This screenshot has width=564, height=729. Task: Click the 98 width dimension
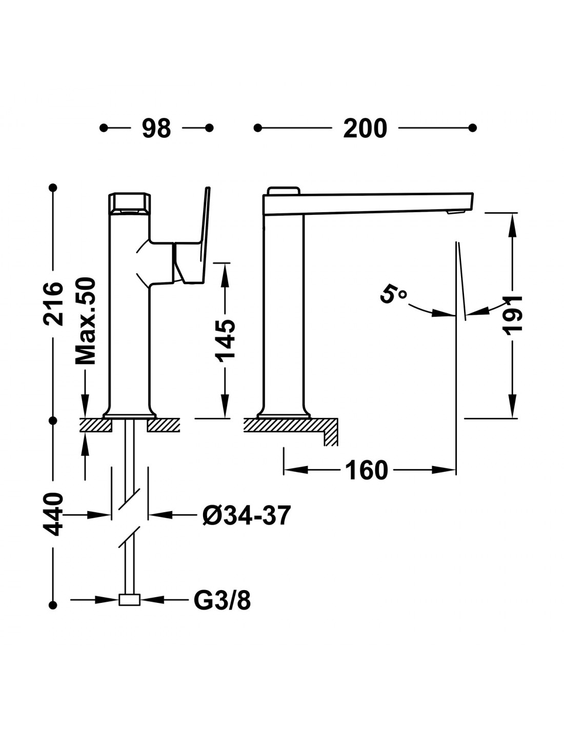156,128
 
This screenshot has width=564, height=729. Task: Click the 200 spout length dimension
365,128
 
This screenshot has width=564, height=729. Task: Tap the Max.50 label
86,321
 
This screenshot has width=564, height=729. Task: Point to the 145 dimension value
226,340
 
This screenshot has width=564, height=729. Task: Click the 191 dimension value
512,315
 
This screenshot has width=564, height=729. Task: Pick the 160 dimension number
366,470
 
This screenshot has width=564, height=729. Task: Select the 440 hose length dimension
53,514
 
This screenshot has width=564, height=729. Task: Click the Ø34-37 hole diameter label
247,515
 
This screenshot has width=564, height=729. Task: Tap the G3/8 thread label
223,600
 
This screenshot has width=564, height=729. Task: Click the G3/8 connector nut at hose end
129,600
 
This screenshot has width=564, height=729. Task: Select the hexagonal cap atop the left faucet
130,202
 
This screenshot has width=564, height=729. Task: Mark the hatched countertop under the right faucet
287,426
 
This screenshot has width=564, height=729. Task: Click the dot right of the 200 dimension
473,128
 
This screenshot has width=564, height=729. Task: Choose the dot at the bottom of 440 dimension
53,605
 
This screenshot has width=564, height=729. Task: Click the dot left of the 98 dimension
104,128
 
